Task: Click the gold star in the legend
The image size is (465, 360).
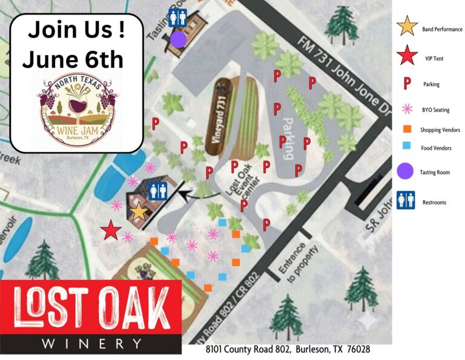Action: click(x=407, y=27)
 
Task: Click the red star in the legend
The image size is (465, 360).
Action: click(x=407, y=56)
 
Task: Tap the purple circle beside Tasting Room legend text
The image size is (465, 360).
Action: click(x=406, y=172)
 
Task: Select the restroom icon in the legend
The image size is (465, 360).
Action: click(x=405, y=201)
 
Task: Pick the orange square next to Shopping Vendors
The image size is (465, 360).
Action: click(x=407, y=130)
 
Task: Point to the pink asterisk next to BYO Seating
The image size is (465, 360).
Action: click(x=406, y=109)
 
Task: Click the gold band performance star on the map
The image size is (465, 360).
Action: click(x=139, y=212)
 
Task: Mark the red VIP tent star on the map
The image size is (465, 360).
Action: click(x=110, y=230)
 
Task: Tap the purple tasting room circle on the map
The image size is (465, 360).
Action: click(x=178, y=39)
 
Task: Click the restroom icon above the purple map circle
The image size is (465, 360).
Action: click(x=177, y=16)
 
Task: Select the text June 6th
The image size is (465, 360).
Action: click(x=73, y=59)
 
